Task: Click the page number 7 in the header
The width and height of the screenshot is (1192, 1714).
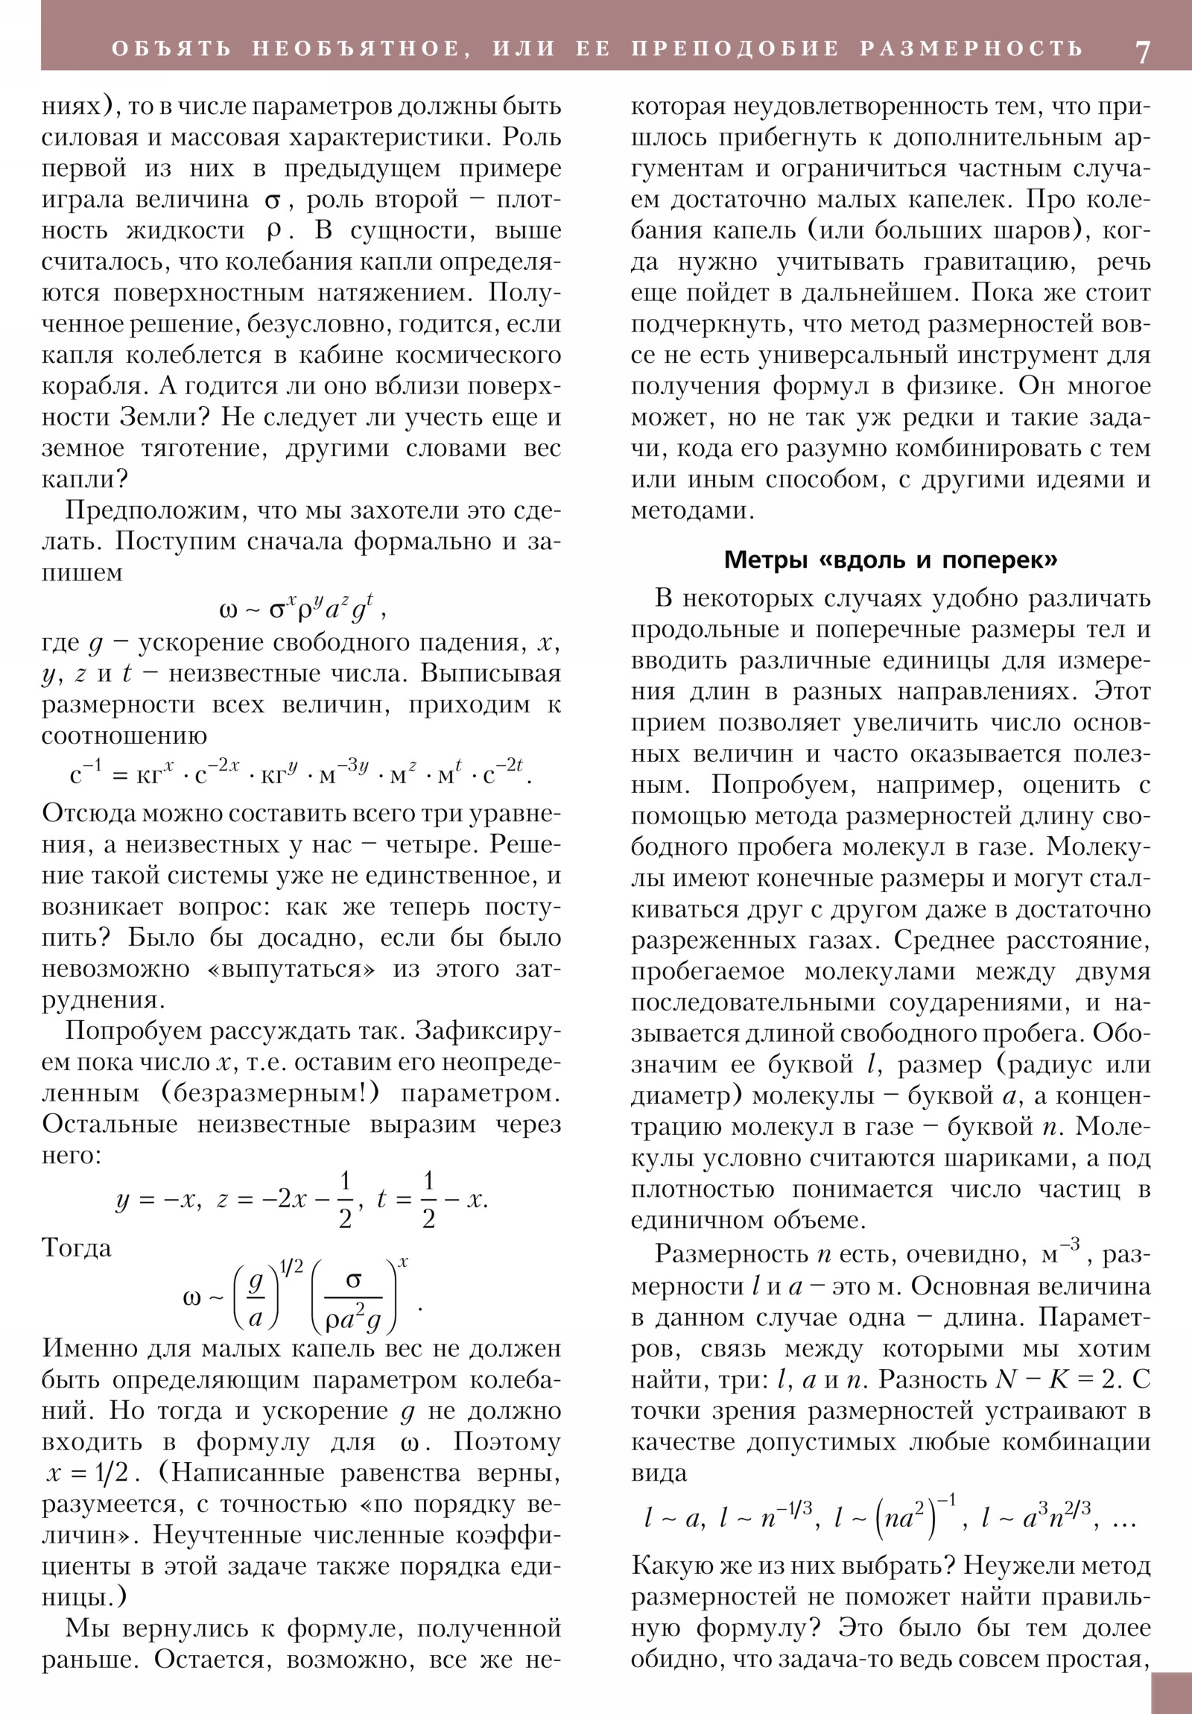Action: click(1143, 51)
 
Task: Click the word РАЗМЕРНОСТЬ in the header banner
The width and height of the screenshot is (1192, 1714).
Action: click(971, 48)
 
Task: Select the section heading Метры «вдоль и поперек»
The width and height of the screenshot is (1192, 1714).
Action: click(890, 560)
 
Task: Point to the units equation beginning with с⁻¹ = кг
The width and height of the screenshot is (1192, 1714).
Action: click(301, 774)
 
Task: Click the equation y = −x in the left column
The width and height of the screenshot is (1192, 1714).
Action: click(158, 1200)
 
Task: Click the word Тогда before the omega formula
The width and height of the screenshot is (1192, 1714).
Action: click(76, 1248)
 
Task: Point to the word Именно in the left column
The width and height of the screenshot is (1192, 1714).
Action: click(89, 1348)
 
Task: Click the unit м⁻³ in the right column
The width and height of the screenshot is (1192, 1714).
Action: click(1060, 1255)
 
